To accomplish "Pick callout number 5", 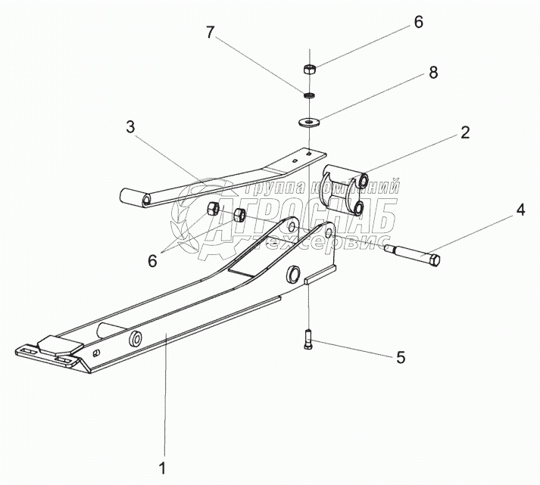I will pos(401,356).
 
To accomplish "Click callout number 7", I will pos(210,33).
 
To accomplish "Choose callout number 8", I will pos(433,73).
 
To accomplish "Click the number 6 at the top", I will pos(418,23).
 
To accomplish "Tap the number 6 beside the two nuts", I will pos(152,260).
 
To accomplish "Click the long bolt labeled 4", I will pos(413,256).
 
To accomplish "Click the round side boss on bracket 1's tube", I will pos(137,336).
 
